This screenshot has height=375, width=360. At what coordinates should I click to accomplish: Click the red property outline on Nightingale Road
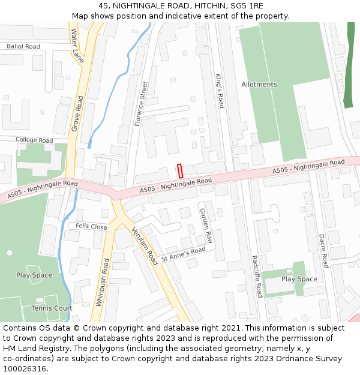(179, 170)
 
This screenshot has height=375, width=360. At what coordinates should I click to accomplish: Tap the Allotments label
(259, 85)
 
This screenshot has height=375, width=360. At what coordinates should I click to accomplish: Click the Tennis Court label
(52, 308)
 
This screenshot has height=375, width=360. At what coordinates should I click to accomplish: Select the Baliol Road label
(23, 46)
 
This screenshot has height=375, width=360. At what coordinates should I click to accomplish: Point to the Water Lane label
(77, 44)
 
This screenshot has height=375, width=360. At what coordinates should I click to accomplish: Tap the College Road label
(34, 140)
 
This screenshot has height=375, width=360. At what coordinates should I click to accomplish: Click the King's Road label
(220, 91)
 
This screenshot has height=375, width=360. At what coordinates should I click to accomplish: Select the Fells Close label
(91, 227)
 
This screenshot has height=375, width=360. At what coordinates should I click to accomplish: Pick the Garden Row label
(206, 226)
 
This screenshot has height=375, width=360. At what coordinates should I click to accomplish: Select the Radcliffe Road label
(256, 275)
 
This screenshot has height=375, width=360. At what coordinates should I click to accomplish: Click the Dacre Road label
(323, 251)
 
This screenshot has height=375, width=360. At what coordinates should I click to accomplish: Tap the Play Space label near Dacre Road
(299, 279)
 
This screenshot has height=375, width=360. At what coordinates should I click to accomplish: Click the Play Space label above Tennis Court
(34, 275)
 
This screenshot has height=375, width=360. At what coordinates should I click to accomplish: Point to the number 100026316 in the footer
(25, 369)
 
